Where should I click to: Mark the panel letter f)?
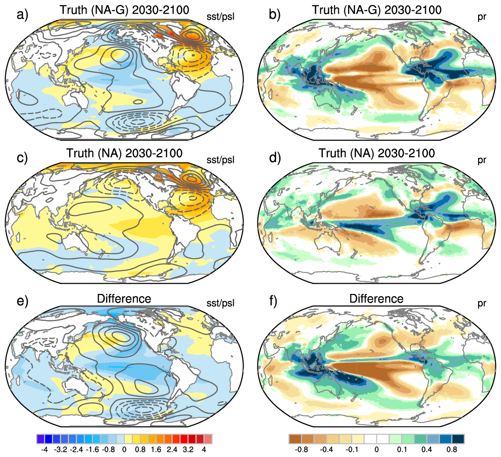(x=274, y=300)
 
